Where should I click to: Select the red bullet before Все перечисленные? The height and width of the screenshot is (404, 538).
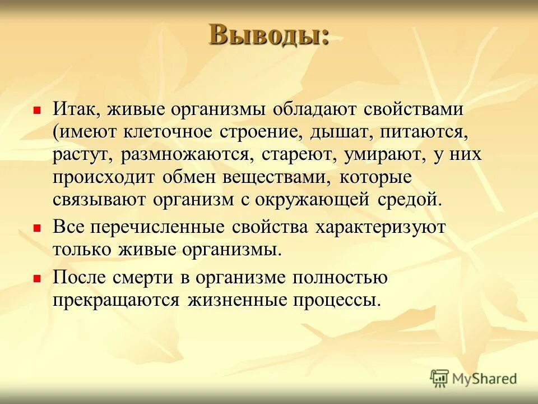click(38, 228)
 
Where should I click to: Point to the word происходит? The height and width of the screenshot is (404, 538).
click(105, 177)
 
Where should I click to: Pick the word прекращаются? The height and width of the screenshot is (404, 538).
click(117, 300)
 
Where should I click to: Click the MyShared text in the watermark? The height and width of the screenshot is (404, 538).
click(485, 379)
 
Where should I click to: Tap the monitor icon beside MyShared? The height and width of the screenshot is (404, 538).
click(440, 379)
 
